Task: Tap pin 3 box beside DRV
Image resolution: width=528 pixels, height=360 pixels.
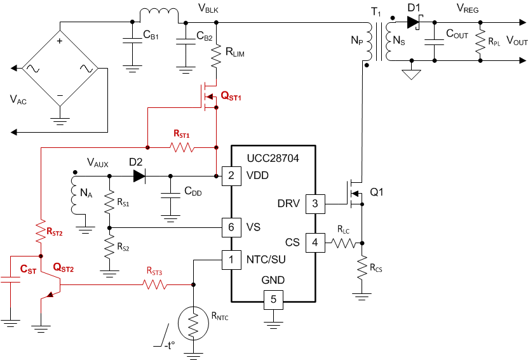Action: (315, 204)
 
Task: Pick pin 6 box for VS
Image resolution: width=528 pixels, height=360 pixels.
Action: (231, 226)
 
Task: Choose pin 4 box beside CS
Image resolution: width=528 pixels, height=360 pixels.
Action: (315, 242)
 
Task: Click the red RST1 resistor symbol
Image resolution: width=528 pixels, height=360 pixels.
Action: (182, 148)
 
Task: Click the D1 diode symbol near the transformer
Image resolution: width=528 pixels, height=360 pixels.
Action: (414, 22)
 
